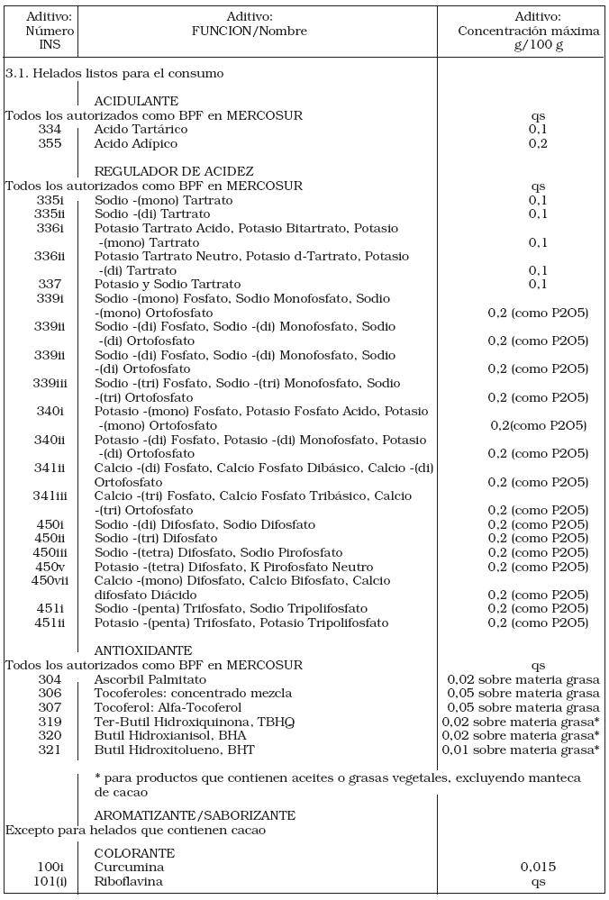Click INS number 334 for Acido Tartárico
50,130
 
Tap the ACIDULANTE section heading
136,102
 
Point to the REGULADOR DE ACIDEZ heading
174,172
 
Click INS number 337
50,285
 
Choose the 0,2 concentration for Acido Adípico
538,144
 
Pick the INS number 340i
50,412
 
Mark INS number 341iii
50,496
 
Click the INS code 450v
50,567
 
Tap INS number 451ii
50,623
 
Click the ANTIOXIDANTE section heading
143,650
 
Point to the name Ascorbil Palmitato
150,679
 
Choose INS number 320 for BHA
50,735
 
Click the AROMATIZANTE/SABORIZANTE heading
195,815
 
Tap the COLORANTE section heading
134,853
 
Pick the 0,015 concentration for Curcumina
538,868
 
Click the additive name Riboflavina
129,881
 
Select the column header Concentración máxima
529,31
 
